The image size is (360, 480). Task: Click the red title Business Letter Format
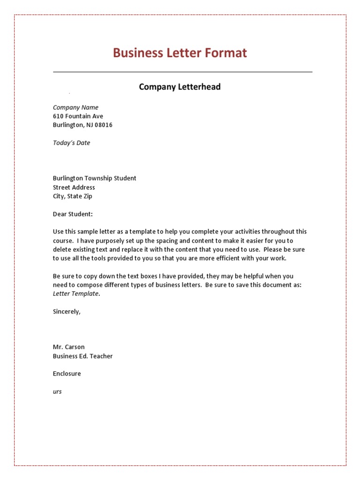[x=180, y=53]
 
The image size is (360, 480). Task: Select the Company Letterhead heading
[x=180, y=87]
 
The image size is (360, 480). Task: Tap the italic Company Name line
[x=75, y=107]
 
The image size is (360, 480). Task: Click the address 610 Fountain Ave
[x=78, y=116]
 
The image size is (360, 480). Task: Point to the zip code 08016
[x=104, y=125]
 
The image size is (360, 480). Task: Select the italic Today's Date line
[x=71, y=143]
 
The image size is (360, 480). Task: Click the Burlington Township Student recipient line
[x=94, y=178]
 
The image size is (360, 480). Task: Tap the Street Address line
[x=74, y=187]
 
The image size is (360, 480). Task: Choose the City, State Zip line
[x=73, y=196]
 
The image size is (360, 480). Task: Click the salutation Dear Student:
[x=73, y=214]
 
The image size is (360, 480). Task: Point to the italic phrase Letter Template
[x=75, y=294]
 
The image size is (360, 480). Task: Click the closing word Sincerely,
[x=67, y=312]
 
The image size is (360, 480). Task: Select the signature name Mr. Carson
[x=68, y=347]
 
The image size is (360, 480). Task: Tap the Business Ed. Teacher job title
[x=82, y=356]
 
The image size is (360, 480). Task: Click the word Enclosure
[x=67, y=374]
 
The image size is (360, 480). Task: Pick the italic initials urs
[x=57, y=392]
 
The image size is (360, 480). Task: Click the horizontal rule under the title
[x=182, y=72]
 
